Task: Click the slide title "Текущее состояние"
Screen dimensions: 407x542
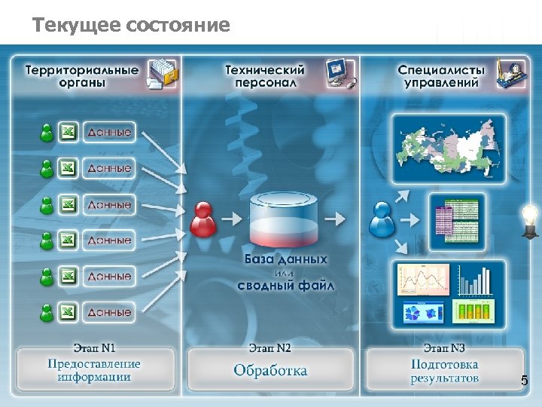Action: click(131, 26)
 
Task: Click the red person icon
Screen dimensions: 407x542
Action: click(203, 219)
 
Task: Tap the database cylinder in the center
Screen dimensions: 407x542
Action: click(285, 219)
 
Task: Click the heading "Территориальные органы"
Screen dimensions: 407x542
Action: click(82, 76)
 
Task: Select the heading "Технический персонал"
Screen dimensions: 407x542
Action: click(265, 76)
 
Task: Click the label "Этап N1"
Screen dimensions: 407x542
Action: click(94, 348)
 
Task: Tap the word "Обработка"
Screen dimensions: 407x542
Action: click(270, 370)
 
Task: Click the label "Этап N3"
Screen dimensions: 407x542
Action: click(444, 348)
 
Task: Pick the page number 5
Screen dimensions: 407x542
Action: click(525, 383)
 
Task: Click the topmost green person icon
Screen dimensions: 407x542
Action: click(47, 133)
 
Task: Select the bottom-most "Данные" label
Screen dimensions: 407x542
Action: click(109, 311)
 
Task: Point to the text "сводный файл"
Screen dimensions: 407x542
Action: click(286, 286)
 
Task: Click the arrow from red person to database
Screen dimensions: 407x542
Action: click(234, 219)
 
